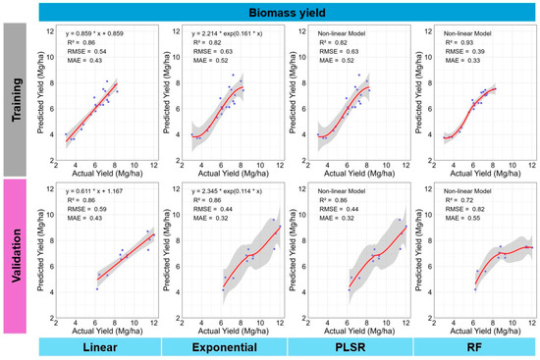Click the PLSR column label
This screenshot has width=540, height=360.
pos(351,347)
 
